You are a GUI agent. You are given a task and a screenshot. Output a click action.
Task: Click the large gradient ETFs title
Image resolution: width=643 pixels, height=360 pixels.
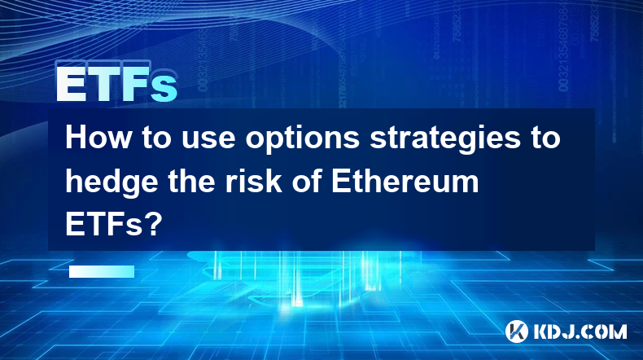[x=116, y=84]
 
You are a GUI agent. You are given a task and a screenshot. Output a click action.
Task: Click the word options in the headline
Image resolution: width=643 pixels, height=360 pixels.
[x=302, y=141]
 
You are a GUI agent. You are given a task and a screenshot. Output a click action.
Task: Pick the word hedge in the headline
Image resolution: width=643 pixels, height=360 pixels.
[x=112, y=182]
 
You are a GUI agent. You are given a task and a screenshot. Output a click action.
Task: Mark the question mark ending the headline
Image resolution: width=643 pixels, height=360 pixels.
[x=154, y=225]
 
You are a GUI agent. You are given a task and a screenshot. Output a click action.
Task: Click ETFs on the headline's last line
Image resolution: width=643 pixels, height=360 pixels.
[x=104, y=225]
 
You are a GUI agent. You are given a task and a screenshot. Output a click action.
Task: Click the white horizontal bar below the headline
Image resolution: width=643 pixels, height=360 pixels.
[x=102, y=271]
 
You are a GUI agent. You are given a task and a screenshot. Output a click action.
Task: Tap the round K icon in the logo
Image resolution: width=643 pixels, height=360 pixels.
[x=516, y=331]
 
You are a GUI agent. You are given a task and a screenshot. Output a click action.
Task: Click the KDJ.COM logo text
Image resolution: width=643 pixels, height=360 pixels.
[x=580, y=331]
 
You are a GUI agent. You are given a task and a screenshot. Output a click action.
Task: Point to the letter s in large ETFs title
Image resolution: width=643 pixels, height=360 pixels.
[x=164, y=89]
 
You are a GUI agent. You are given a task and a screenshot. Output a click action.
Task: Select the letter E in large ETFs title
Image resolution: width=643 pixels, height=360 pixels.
[x=71, y=84]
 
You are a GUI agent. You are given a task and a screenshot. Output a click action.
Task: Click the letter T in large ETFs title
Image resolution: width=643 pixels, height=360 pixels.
[x=102, y=84]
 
